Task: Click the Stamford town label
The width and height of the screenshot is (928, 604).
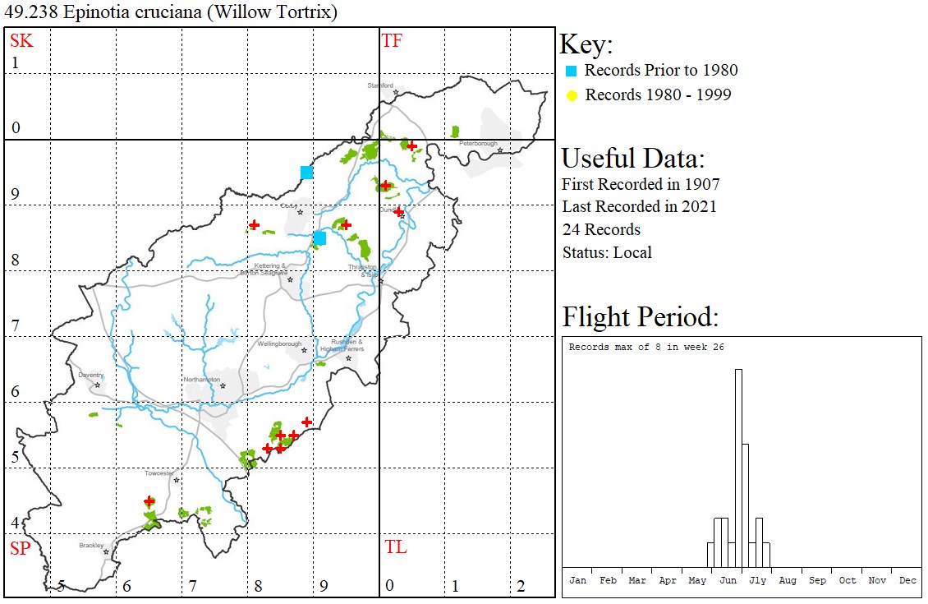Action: [380, 85]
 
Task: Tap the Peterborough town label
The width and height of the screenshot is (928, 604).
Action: [479, 144]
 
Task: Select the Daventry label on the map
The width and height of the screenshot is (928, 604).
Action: [91, 375]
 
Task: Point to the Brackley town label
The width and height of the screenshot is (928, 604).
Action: [92, 546]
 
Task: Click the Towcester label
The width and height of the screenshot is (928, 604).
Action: [159, 473]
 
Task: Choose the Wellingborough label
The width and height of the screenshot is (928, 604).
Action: [279, 344]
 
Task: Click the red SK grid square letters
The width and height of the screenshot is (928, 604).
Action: [21, 40]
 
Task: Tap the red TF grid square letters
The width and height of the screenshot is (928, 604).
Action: [392, 40]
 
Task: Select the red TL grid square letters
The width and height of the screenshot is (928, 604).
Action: [395, 547]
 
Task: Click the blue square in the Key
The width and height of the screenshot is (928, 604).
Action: [571, 71]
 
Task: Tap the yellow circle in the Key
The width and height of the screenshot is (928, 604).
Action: [571, 95]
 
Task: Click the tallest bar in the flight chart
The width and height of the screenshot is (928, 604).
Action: [738, 468]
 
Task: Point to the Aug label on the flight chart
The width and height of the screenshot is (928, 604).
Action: [788, 580]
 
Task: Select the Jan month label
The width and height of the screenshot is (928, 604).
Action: [578, 580]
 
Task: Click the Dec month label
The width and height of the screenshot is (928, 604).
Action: [907, 580]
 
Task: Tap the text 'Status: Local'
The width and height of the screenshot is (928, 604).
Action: [607, 252]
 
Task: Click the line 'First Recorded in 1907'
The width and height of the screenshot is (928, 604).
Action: [641, 184]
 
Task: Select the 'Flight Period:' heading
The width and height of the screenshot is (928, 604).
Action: [641, 316]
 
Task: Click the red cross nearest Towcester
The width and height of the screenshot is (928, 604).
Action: [149, 500]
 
